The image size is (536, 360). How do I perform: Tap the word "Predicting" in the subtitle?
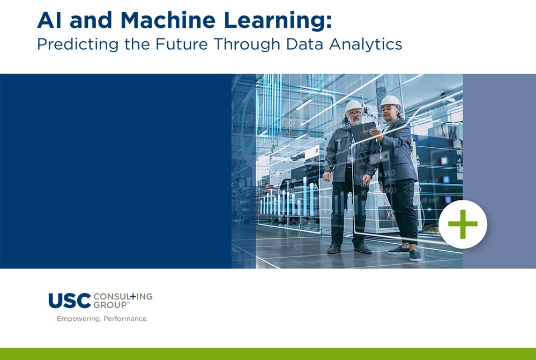(x=73, y=44)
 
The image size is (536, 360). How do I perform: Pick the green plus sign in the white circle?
(x=463, y=224)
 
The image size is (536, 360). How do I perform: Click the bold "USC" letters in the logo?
(x=70, y=301)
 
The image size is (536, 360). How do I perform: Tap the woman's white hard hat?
(x=390, y=101)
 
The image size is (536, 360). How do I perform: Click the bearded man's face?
(x=354, y=116)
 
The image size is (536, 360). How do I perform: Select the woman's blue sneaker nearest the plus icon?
(x=415, y=255)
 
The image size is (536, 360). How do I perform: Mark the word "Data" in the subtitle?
(x=301, y=44)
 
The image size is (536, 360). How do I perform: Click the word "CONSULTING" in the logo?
(x=123, y=296)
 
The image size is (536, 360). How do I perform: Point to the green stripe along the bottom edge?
(x=268, y=354)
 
